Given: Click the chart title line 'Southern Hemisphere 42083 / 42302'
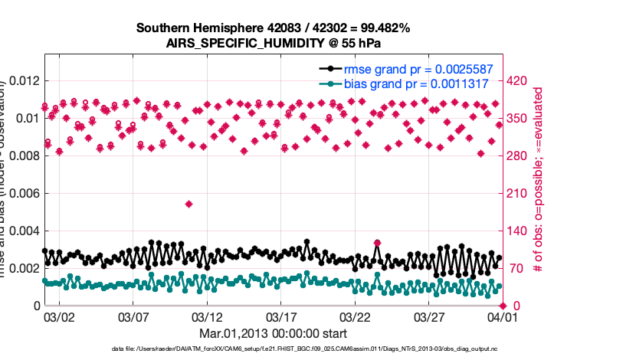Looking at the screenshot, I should (x=274, y=28).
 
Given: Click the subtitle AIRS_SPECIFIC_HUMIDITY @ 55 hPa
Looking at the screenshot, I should (x=274, y=43).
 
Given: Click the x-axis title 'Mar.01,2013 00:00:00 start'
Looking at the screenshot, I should (x=274, y=334).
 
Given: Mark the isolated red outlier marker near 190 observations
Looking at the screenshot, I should (x=189, y=204).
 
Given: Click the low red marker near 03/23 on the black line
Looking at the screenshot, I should (x=377, y=243).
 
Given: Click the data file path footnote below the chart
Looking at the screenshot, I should (x=274, y=349).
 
